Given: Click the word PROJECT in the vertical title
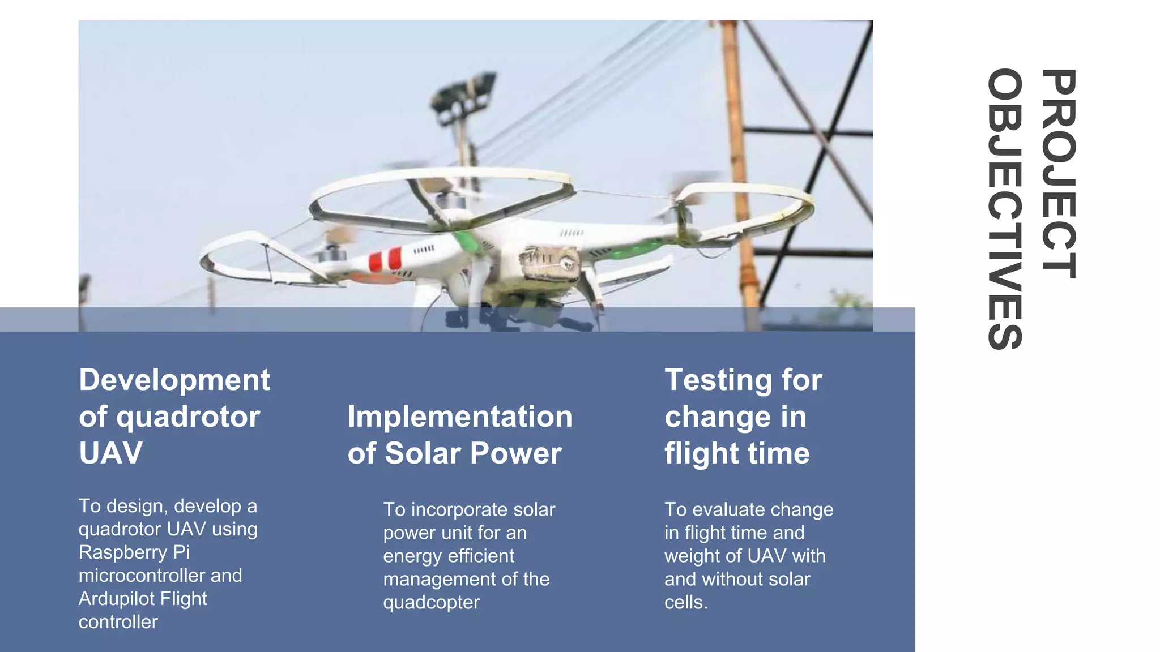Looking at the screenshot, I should click(1059, 174).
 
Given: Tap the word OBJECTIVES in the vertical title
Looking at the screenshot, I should click(1005, 209).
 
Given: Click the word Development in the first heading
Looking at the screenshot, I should click(174, 380).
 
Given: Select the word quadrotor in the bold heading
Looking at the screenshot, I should click(188, 417).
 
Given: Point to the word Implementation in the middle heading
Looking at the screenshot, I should click(460, 417).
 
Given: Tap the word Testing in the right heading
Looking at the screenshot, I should click(717, 380).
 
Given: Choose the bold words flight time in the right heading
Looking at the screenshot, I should click(737, 453).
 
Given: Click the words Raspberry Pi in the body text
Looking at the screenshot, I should click(134, 552).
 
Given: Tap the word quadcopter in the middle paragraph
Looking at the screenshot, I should click(431, 603).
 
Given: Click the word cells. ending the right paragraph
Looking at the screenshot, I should click(686, 603).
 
